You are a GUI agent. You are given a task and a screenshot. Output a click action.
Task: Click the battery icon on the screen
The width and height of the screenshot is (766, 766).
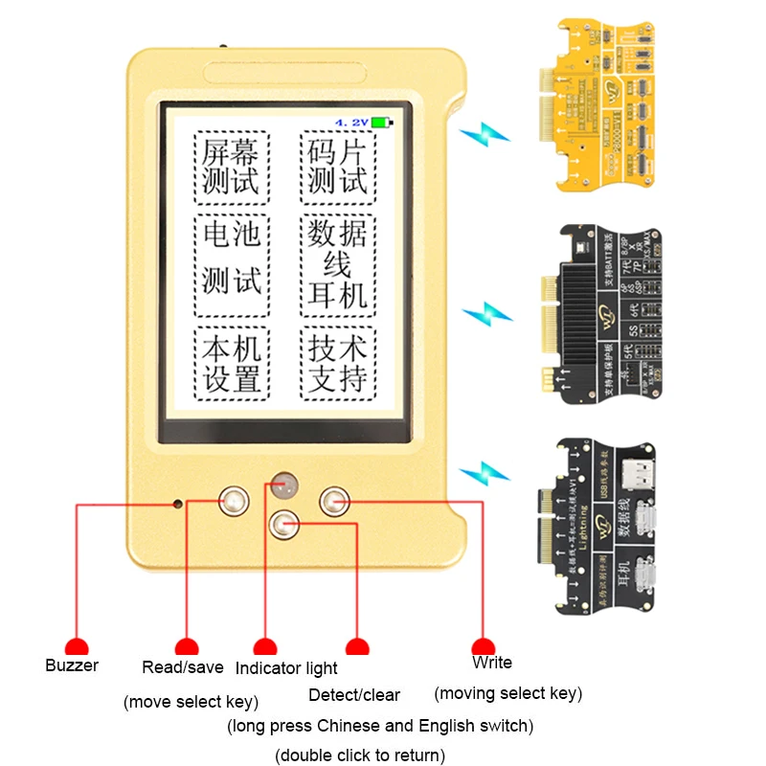(383, 123)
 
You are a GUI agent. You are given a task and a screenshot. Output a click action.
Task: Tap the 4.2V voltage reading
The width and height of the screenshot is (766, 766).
(351, 123)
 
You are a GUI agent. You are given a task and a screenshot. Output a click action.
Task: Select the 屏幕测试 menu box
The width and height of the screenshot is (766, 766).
(232, 168)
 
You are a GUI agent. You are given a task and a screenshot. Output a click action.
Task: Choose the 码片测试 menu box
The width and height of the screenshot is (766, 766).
(338, 168)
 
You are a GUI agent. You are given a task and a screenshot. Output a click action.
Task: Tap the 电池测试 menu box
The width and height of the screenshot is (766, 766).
(232, 265)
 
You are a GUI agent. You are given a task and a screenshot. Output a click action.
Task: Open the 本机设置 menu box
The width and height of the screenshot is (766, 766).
(232, 364)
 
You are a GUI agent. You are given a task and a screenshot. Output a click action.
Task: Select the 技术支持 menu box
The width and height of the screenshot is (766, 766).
(338, 364)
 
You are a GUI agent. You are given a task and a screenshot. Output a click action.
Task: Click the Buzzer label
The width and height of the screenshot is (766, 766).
(72, 665)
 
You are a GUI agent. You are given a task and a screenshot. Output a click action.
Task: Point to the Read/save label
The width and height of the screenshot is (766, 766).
(182, 667)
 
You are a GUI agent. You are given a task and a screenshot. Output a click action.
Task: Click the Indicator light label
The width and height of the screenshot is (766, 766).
(286, 668)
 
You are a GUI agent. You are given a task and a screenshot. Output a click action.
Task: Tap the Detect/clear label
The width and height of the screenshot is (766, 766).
(354, 695)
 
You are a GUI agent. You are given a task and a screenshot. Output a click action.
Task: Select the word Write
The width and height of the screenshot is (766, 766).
(492, 663)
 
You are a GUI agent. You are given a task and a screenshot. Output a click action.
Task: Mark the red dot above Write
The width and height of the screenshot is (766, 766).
(484, 646)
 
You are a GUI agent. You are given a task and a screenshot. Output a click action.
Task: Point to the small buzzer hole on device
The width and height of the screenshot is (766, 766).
(177, 501)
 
